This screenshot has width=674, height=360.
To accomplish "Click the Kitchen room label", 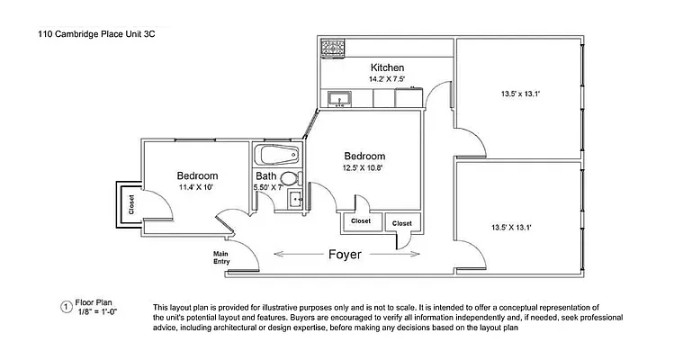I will point(387,67).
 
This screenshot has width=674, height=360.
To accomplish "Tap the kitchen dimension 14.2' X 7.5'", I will point(387,79).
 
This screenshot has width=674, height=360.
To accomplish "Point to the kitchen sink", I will point(340,97).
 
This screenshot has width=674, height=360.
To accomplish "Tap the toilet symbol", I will point(290,178).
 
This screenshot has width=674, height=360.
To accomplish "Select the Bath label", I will point(265,176).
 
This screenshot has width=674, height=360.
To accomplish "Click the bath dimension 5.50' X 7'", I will point(266,188).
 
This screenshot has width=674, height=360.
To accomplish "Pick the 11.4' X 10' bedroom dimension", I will point(196,187).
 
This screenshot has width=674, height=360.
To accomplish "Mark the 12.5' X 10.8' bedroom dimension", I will point(364,167).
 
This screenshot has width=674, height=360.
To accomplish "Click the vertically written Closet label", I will point(130,204).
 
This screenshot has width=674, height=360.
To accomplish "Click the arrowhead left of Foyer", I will point(277,255).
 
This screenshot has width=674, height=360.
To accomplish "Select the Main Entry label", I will point(222,257).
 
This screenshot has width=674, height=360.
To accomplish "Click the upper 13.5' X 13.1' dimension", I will point(519,93).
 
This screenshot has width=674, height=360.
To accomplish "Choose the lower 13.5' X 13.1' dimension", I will point(510,228).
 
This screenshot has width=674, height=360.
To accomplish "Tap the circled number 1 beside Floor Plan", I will point(65,307).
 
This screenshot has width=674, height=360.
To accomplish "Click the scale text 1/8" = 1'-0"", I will point(96,311).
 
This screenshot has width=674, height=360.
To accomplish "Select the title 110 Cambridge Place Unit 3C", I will point(90,34).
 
